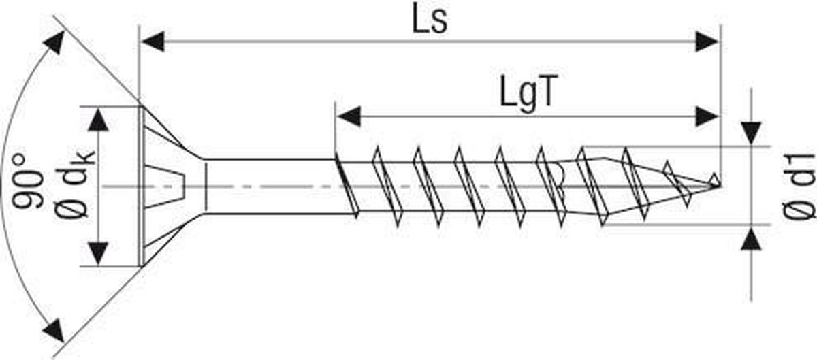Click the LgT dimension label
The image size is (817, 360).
[x=528, y=95]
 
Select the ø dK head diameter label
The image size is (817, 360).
[x=75, y=183]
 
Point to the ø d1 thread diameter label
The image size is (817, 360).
[x=798, y=186]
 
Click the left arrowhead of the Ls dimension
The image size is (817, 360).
[x=153, y=42]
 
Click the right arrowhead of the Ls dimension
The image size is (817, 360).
[x=707, y=42]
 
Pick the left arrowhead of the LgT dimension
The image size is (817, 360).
[x=348, y=117]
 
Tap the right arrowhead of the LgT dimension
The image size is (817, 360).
[x=707, y=117]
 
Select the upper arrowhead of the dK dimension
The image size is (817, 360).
[x=99, y=120]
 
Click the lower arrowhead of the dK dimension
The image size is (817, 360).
[x=99, y=253]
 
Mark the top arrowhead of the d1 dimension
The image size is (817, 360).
[x=752, y=133]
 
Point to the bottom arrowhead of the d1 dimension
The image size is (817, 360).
[x=752, y=239]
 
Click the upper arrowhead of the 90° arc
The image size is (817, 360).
[x=54, y=42]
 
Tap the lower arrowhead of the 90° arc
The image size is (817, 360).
[x=54, y=331]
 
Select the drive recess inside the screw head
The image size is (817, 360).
[x=164, y=186]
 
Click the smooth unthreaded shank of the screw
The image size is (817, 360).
[x=270, y=186]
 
